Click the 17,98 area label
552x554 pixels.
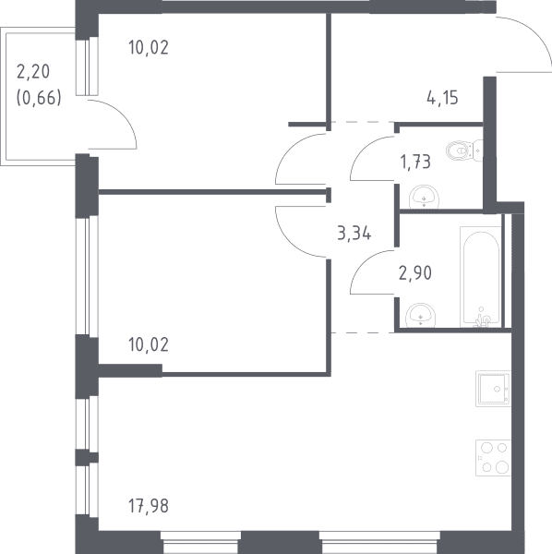[149, 506]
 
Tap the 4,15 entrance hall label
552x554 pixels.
[442, 98]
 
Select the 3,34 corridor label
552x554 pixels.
[354, 234]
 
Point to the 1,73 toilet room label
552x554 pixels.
[415, 163]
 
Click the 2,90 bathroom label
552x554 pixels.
[415, 273]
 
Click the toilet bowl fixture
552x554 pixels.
[464, 151]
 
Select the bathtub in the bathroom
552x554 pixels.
[481, 277]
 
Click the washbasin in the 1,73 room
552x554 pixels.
[424, 197]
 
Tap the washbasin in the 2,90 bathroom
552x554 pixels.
[420, 315]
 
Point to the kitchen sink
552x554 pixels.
[493, 389]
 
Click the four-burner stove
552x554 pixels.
[493, 458]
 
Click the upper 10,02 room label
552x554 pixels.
[149, 47]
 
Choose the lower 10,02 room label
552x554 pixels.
[149, 344]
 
